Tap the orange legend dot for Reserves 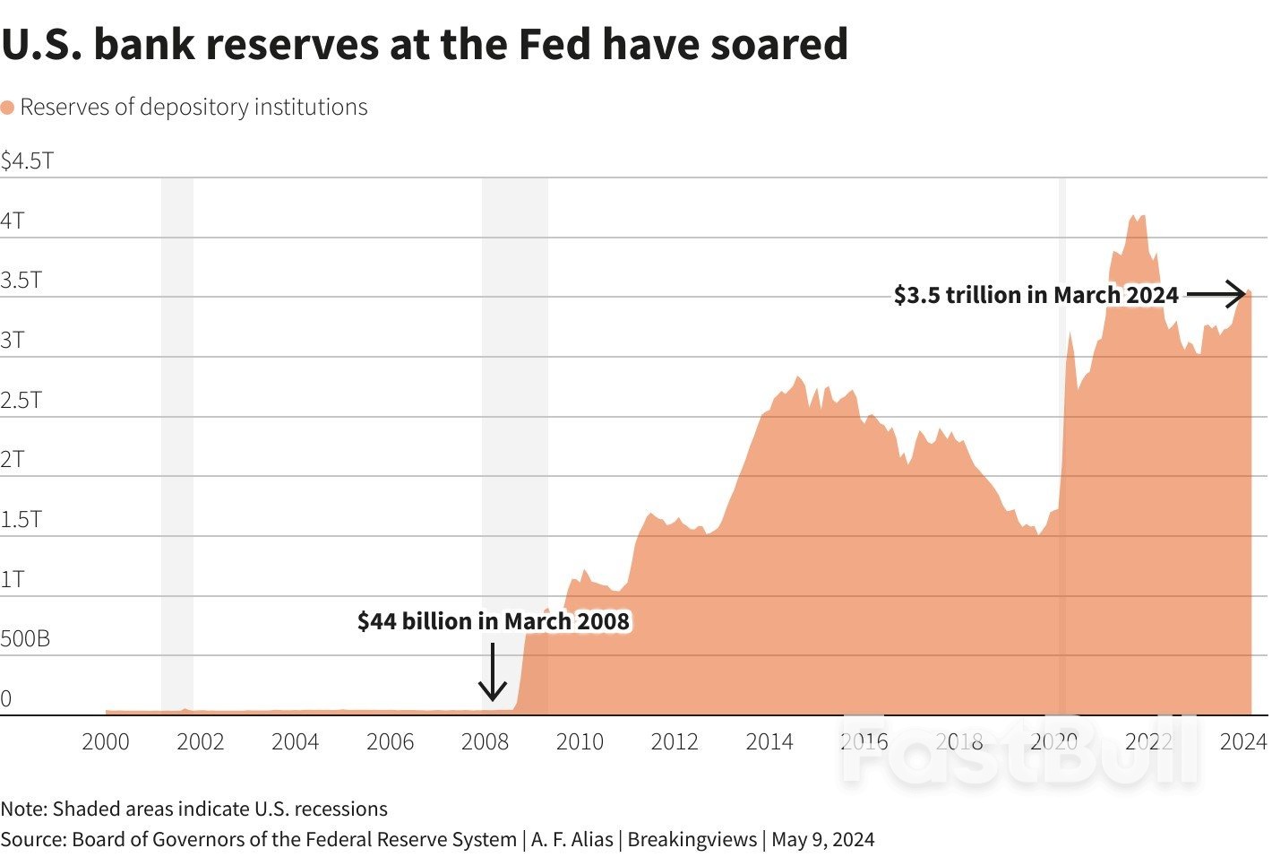(8, 108)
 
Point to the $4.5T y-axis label (28, 161)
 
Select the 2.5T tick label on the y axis (21, 400)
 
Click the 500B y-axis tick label (25, 639)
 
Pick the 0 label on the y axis (6, 699)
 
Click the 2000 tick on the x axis (106, 742)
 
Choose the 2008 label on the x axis (485, 742)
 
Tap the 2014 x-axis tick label (769, 742)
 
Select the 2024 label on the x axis (1243, 742)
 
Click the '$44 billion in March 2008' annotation (494, 621)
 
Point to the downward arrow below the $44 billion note (492, 672)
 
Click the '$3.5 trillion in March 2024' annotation (1036, 295)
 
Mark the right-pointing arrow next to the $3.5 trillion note (1216, 293)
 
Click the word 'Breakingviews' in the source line (692, 840)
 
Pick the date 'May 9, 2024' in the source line (822, 840)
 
